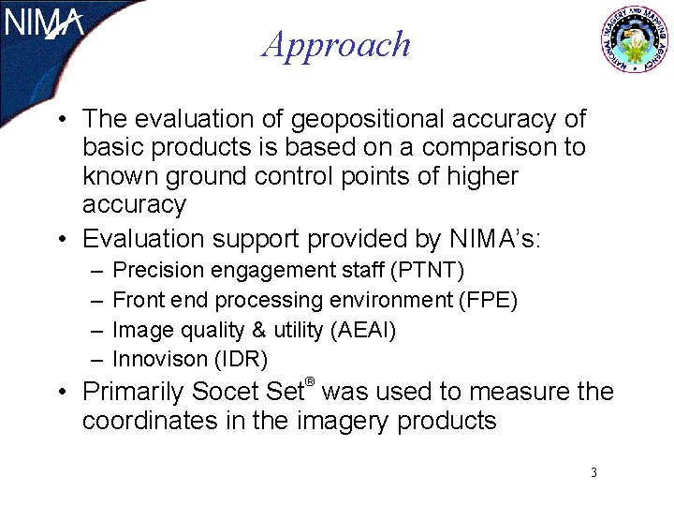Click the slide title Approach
(337, 44)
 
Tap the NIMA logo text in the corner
(44, 22)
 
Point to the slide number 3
(593, 472)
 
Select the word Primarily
(133, 392)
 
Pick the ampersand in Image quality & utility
(233, 330)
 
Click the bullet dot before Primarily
(60, 392)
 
